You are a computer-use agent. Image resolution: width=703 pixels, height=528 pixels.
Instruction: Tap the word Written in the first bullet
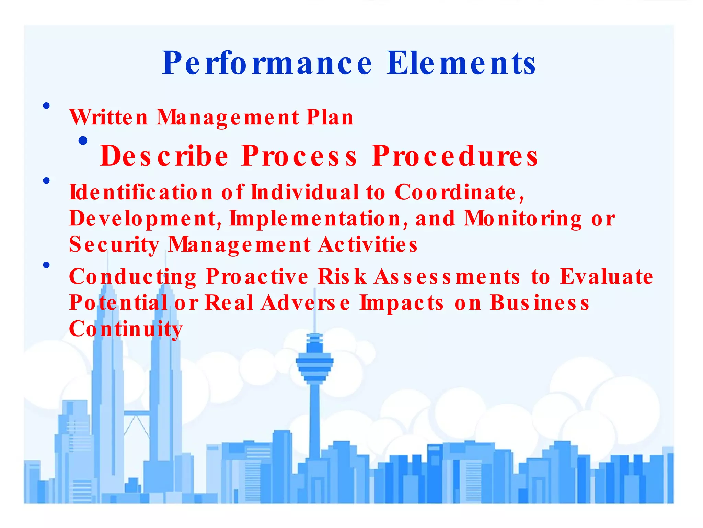point(108,117)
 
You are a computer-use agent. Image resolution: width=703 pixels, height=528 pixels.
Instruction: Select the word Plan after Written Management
point(330,117)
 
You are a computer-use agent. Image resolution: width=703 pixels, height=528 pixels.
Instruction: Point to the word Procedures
point(455,156)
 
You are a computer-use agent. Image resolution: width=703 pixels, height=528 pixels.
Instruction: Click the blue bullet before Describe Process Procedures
point(83,141)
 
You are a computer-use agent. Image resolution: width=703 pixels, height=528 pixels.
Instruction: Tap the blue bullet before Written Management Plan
point(46,106)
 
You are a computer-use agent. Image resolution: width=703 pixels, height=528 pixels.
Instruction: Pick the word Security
point(114,245)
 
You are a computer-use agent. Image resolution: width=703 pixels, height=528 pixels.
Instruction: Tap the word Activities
point(368,245)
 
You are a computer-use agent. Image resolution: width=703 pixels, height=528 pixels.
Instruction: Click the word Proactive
point(257,276)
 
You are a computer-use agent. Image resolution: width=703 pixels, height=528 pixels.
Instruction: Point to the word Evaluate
point(606,276)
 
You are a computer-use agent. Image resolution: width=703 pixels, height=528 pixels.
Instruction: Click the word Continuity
point(126,329)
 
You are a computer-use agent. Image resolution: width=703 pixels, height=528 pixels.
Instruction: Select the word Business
point(539,303)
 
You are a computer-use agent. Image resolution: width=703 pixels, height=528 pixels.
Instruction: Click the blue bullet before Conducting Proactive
point(46,265)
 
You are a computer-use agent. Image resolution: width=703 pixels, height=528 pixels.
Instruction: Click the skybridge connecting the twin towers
point(137,413)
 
